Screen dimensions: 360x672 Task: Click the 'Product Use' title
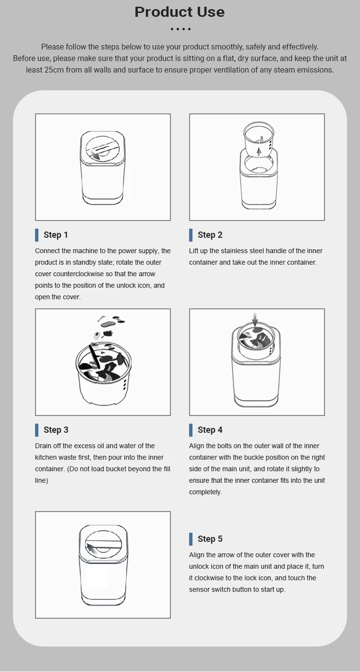click(x=180, y=12)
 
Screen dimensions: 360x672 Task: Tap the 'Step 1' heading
click(x=56, y=235)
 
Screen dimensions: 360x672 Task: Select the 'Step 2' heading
click(x=210, y=235)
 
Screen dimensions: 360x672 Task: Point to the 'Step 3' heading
click(x=56, y=430)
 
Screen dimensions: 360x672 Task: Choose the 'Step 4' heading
click(x=210, y=430)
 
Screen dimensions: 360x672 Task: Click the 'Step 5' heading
click(x=210, y=539)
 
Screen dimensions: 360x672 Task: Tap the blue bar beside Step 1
click(x=36, y=235)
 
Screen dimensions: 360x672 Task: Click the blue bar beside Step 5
click(x=191, y=539)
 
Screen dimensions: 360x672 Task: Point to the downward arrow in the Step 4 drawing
click(x=255, y=320)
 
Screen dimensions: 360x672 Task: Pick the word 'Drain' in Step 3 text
click(x=43, y=446)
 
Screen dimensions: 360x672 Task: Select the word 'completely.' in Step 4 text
click(x=205, y=492)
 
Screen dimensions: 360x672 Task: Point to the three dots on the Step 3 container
click(x=125, y=384)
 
